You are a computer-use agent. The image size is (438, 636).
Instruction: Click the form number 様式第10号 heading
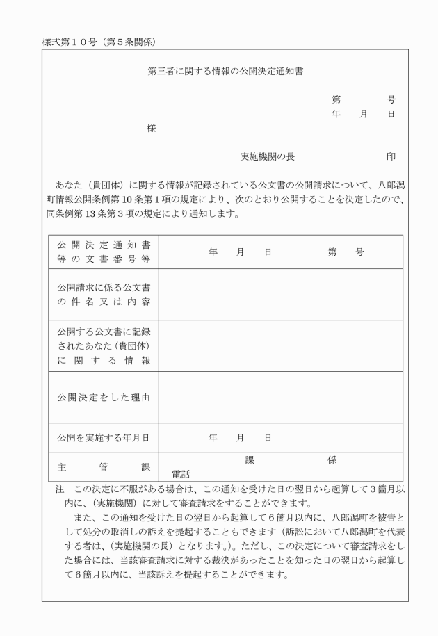coord(97,42)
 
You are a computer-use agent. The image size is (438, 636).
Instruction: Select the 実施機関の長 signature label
coord(268,157)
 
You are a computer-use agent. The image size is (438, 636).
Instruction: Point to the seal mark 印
coord(391,157)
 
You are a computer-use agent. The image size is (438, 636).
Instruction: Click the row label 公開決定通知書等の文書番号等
coord(104,252)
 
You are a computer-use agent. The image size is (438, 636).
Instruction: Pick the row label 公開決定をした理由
coord(104,397)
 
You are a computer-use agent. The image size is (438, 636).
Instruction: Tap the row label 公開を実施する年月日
coord(104,438)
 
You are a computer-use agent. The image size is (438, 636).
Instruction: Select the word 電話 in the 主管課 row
coord(181,474)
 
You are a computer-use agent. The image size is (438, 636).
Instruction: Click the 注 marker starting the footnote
coord(60,491)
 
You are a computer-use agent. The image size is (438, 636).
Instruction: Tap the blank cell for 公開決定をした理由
coord(281,397)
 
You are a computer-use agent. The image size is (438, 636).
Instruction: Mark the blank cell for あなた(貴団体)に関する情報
coord(281,345)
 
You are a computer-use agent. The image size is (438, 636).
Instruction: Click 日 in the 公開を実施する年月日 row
coord(268,438)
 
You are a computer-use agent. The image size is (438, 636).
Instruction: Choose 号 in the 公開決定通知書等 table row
coord(359,252)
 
